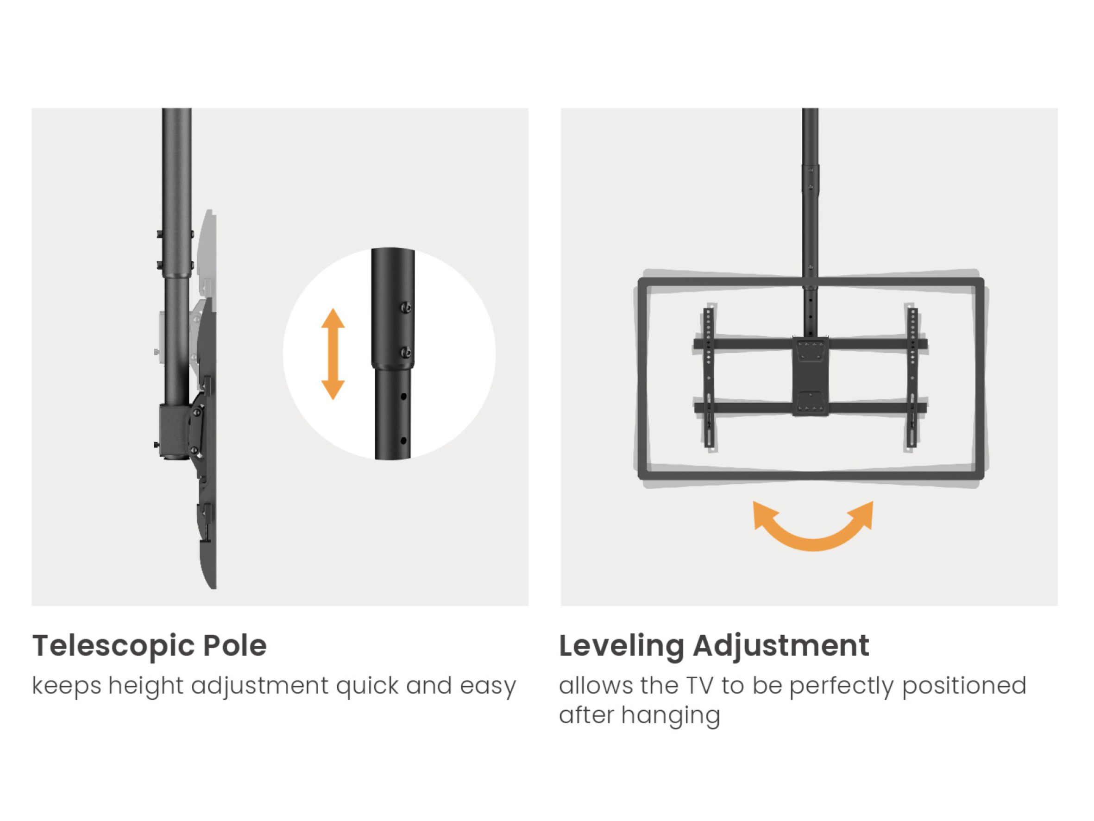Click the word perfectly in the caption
841,687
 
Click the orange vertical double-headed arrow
333,354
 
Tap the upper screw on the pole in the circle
406,308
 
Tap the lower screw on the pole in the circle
406,352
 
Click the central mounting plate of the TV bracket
811,376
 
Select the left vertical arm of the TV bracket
709,378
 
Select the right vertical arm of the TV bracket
912,378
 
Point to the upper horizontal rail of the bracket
811,344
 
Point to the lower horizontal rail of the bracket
811,408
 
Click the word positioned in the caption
964,687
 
